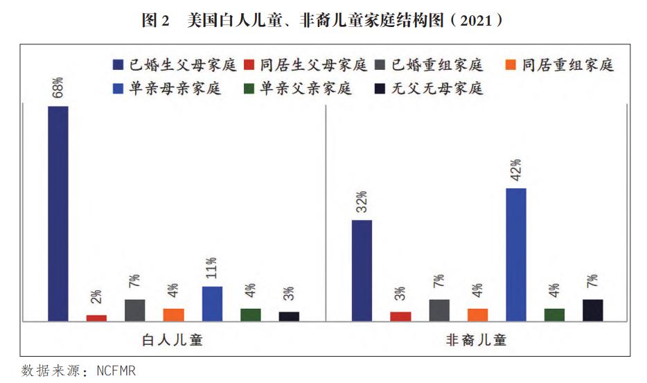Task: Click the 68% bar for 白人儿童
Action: point(58,213)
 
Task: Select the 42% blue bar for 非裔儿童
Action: point(515,254)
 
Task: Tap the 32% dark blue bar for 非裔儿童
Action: point(362,270)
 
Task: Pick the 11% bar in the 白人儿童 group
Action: point(212,303)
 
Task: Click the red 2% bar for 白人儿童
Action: point(97,317)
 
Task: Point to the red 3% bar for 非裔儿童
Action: point(400,316)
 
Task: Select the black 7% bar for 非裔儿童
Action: point(592,310)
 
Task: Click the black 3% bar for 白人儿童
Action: point(289,316)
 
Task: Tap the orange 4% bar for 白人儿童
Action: point(174,314)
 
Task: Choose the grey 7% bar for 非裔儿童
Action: point(438,310)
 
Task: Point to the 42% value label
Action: point(515,170)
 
